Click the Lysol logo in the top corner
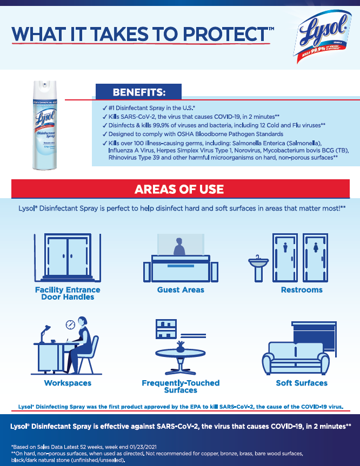click(x=322, y=36)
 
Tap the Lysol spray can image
click(x=45, y=125)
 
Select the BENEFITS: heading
click(x=138, y=92)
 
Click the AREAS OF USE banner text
click(x=179, y=190)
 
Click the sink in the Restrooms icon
click(x=258, y=268)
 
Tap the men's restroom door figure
click(x=285, y=247)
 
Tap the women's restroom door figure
click(x=316, y=247)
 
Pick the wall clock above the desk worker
click(x=70, y=325)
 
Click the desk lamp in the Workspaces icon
click(x=45, y=334)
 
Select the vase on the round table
click(x=181, y=347)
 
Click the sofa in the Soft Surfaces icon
click(x=296, y=359)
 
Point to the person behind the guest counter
click(x=179, y=247)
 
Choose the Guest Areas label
click(x=181, y=290)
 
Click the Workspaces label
click(x=68, y=383)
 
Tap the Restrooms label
click(x=302, y=290)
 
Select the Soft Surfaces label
click(x=302, y=383)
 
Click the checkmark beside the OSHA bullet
click(x=104, y=134)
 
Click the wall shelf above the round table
click(x=166, y=329)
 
